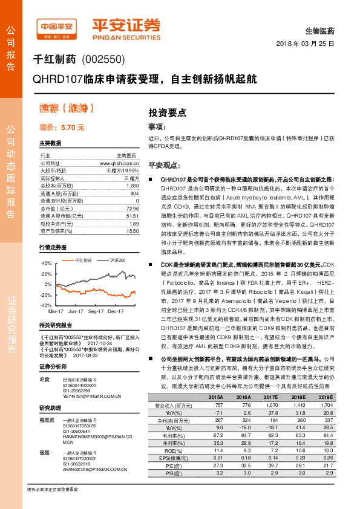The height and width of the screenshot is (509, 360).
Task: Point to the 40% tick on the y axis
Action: coord(47,264)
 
